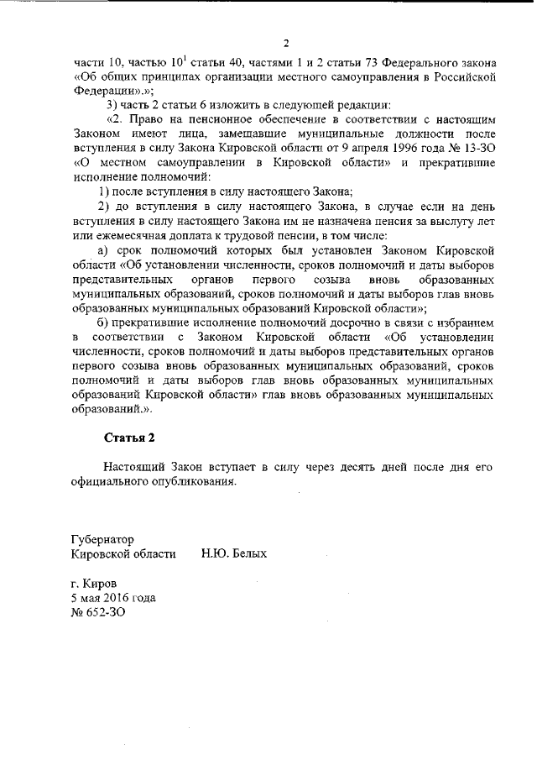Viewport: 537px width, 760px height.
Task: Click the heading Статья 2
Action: (129, 438)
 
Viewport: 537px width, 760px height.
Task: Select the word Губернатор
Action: (103, 539)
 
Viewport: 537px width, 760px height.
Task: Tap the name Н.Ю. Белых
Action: (234, 554)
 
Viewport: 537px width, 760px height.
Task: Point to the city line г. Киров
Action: (95, 583)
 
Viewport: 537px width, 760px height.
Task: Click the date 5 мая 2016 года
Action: (113, 597)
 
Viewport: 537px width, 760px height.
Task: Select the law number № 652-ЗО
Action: (100, 612)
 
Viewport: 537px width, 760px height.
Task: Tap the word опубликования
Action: (187, 481)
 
